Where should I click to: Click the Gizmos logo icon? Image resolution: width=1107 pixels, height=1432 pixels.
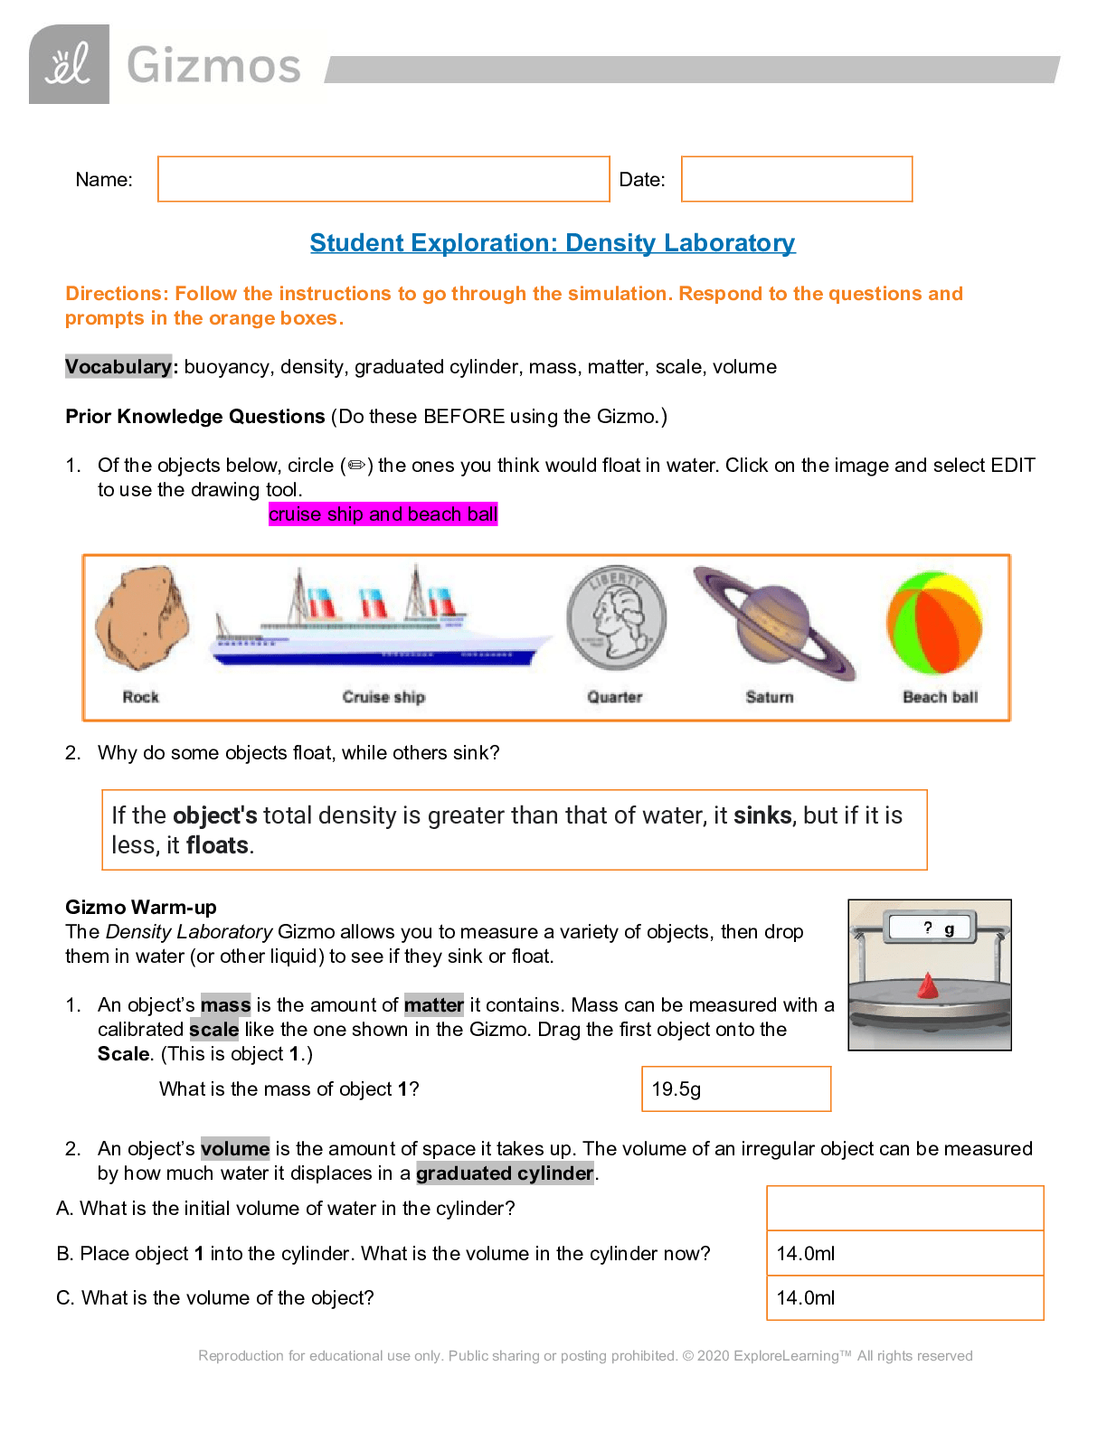tap(69, 65)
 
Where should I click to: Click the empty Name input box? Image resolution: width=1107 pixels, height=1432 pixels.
tap(383, 179)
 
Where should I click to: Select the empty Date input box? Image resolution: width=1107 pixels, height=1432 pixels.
tap(796, 179)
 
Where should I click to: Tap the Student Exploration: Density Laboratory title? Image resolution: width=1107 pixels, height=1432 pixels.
tap(553, 243)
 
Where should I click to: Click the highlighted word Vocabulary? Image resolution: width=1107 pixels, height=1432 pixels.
tap(118, 366)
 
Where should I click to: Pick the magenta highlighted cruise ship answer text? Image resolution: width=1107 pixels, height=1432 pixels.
tap(383, 514)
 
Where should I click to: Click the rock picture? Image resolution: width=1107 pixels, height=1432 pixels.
tap(142, 618)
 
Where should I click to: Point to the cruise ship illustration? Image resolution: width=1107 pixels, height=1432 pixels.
tap(382, 624)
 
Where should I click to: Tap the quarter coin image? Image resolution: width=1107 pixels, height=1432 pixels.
tap(616, 618)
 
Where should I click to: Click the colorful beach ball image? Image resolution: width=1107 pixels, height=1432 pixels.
tap(934, 623)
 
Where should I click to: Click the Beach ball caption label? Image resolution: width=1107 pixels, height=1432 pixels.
tap(940, 697)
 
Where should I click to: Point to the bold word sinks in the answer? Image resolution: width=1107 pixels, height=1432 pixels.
tap(762, 815)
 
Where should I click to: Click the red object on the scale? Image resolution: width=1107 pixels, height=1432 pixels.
tap(927, 985)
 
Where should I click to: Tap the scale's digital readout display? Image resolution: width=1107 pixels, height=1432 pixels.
tap(931, 928)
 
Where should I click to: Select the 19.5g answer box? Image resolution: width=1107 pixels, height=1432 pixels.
tap(736, 1088)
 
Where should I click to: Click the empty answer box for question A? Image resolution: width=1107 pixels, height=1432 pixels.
tap(904, 1208)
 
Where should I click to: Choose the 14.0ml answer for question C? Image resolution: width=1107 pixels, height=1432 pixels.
tap(904, 1297)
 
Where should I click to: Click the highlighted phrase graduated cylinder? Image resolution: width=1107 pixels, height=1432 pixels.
tap(505, 1173)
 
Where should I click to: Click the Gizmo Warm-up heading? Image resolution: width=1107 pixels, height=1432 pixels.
tap(141, 907)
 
